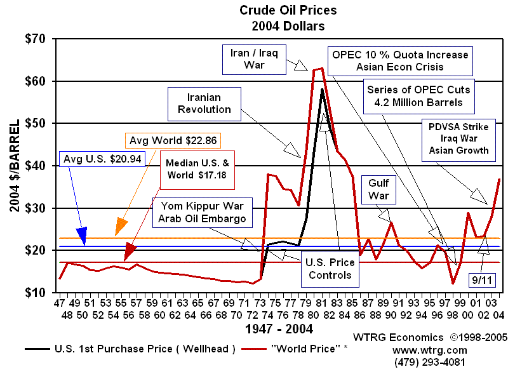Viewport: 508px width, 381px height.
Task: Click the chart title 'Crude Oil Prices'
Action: click(x=288, y=10)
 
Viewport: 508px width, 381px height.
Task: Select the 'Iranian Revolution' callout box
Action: click(x=204, y=103)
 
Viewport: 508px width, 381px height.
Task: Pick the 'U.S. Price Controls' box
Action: click(x=330, y=269)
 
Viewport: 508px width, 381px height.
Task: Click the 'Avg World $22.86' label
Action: click(x=174, y=140)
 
